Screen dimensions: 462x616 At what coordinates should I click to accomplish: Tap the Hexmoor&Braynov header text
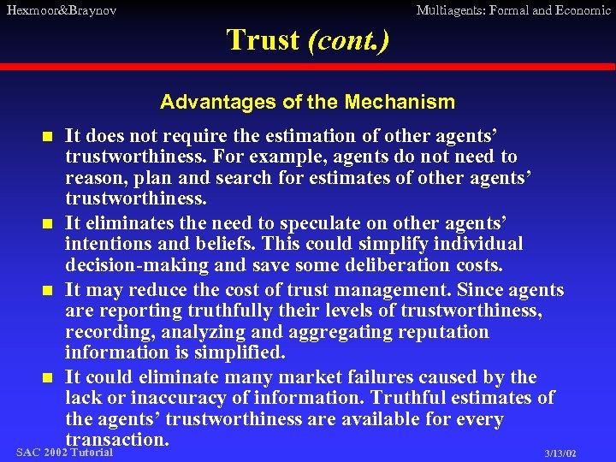pos(61,10)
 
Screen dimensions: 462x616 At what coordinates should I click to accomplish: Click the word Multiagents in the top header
pos(453,10)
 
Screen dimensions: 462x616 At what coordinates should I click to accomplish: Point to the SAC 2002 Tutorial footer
pos(64,452)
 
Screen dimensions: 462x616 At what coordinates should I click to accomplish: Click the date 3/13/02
pos(560,453)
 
